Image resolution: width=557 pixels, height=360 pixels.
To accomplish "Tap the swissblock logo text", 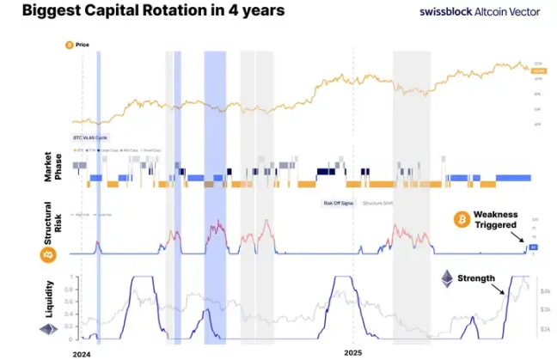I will [x=448, y=12].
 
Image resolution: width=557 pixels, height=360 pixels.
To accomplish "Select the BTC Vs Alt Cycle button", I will [x=90, y=137].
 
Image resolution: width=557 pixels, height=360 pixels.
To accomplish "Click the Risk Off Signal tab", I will [x=339, y=203].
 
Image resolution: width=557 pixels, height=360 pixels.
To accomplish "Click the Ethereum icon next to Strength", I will [x=447, y=278].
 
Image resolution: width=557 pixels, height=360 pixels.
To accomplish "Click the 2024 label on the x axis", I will [x=83, y=352].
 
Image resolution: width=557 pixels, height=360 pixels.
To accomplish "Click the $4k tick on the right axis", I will [x=544, y=292].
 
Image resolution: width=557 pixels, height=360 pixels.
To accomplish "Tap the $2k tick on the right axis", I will [x=544, y=329].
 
